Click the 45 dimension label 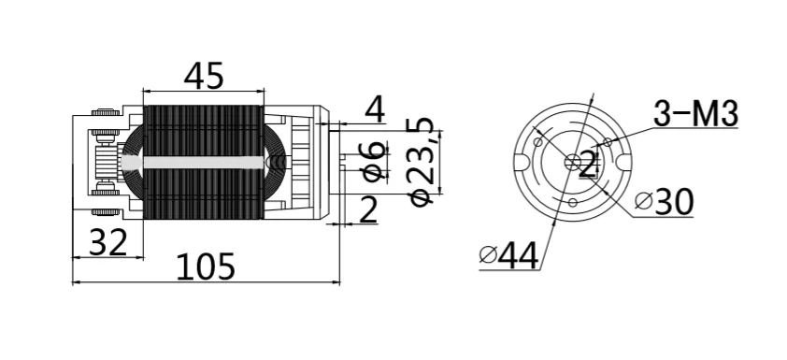point(203,77)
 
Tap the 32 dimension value point(107,242)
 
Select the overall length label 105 point(206,266)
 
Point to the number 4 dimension point(376,110)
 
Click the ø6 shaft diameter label point(375,161)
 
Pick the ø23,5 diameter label point(422,161)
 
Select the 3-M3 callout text point(695,113)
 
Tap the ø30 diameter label point(664,202)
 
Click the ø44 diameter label point(509,255)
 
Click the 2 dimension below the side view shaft point(369,209)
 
